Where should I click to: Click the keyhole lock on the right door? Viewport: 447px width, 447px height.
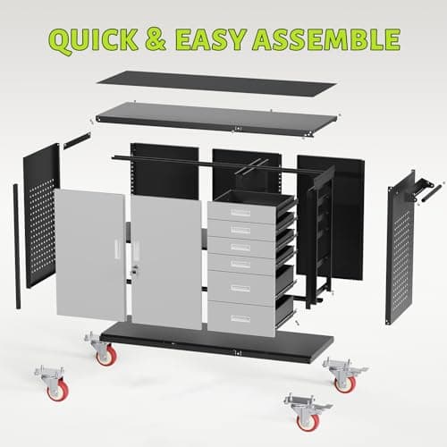(x=136, y=267)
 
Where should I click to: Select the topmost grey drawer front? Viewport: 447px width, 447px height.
(x=239, y=213)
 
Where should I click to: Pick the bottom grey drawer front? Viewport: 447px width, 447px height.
(x=239, y=318)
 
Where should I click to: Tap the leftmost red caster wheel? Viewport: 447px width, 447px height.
(x=56, y=390)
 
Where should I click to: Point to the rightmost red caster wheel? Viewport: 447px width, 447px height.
(x=344, y=382)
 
